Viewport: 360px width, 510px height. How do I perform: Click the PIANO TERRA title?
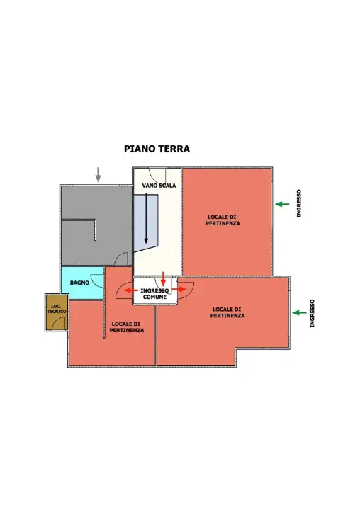point(157,149)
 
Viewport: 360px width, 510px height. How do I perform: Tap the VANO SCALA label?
point(159,186)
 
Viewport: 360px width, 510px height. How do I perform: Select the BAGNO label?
point(79,283)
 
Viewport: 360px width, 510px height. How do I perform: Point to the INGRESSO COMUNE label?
point(154,294)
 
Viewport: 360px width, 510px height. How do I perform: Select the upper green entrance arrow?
point(282,204)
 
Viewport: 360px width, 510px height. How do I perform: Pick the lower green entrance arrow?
point(300,312)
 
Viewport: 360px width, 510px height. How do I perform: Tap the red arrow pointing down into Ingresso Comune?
point(164,278)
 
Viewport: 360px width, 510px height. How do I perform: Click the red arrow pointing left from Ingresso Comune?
point(128,290)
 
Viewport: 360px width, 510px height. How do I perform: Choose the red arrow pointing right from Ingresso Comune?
point(184,289)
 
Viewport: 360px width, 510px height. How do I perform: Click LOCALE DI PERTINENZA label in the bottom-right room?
point(227,312)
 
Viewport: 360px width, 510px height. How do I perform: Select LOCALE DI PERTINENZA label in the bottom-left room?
point(128,327)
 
